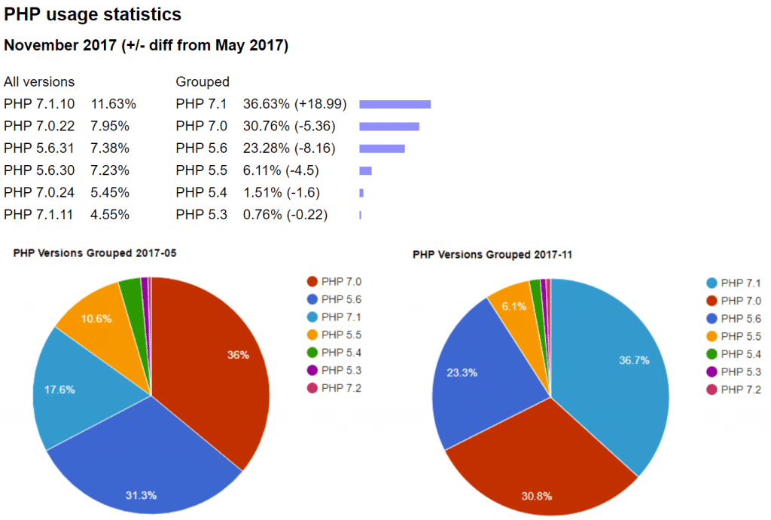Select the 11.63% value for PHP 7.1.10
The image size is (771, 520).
tap(113, 104)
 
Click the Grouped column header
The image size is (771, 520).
tap(203, 81)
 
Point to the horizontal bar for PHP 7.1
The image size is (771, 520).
tap(395, 104)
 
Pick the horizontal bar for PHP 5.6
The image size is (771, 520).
tap(382, 148)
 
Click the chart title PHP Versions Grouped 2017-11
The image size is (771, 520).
tap(492, 255)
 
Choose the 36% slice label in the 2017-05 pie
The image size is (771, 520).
tap(238, 355)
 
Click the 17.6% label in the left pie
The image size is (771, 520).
tap(59, 390)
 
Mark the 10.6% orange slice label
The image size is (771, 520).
tap(96, 318)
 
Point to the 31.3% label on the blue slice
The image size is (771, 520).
tap(141, 495)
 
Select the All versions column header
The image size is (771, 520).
tap(39, 81)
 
